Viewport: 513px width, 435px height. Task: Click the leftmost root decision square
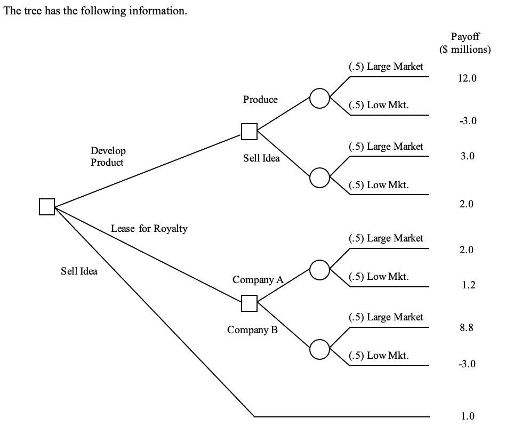click(x=47, y=206)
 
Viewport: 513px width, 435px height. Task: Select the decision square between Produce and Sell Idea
click(x=249, y=131)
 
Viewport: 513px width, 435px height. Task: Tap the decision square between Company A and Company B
click(x=249, y=303)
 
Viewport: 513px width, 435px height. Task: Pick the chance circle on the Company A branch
click(x=319, y=270)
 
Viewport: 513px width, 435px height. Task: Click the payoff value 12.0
click(x=467, y=78)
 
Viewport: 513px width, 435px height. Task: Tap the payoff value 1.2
click(x=468, y=285)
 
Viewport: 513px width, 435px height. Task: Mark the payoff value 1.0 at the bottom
click(x=467, y=416)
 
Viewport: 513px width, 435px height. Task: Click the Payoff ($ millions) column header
click(x=465, y=43)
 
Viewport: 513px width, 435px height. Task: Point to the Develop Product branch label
click(x=108, y=157)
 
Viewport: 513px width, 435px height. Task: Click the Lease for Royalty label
click(x=149, y=229)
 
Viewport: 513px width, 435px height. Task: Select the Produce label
click(x=260, y=100)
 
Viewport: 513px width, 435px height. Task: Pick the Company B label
click(x=252, y=329)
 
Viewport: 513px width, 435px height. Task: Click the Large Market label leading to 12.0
click(x=386, y=67)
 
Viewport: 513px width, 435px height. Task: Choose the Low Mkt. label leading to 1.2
click(x=379, y=277)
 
